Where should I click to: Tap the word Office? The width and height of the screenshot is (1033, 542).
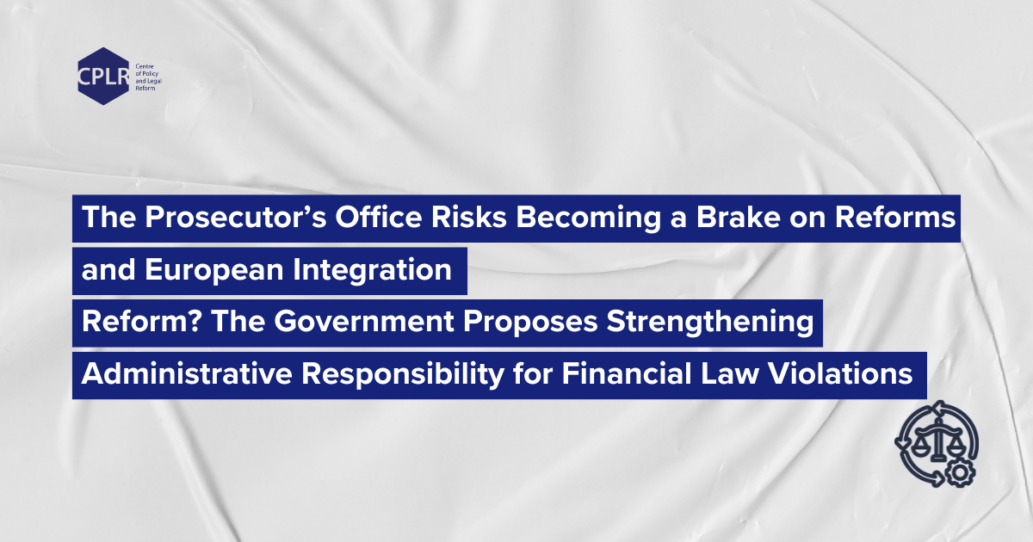378,217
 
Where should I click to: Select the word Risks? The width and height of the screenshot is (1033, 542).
469,217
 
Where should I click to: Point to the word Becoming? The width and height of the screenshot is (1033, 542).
589,218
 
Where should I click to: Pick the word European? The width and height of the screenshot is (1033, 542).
214,270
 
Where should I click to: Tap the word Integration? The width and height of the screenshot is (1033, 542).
372,270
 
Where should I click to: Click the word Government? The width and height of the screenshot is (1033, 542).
364,321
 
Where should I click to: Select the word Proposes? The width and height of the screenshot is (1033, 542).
530,322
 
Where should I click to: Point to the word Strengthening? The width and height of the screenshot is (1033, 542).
710,322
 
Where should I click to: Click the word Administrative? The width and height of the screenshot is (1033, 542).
187,373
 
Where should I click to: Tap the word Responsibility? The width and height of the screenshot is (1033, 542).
403,374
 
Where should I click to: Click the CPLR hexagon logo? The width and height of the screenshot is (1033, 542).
103,76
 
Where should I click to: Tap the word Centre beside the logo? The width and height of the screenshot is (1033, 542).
145,66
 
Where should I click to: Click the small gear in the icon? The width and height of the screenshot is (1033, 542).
960,473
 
